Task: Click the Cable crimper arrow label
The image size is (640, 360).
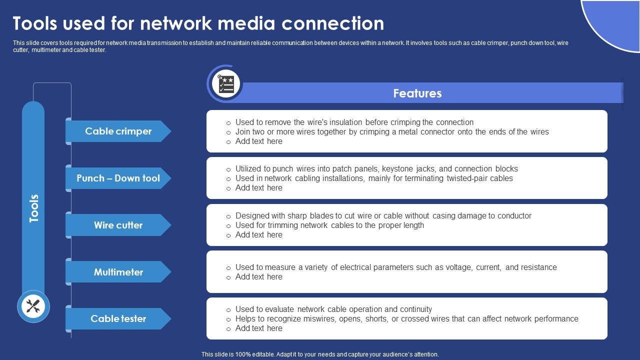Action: tap(118, 131)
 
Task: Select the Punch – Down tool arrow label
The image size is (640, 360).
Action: tap(118, 178)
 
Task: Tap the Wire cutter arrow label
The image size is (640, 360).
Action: tap(118, 225)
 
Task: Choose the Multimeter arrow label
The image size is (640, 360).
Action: tap(118, 272)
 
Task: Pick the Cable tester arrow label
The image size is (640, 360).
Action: tap(118, 318)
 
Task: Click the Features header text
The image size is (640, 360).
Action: tap(417, 93)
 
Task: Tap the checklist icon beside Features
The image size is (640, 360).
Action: tap(226, 84)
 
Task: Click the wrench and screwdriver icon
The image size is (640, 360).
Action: tap(33, 306)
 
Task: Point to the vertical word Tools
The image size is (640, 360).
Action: tap(33, 208)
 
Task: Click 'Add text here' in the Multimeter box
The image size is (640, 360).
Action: tap(258, 276)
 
